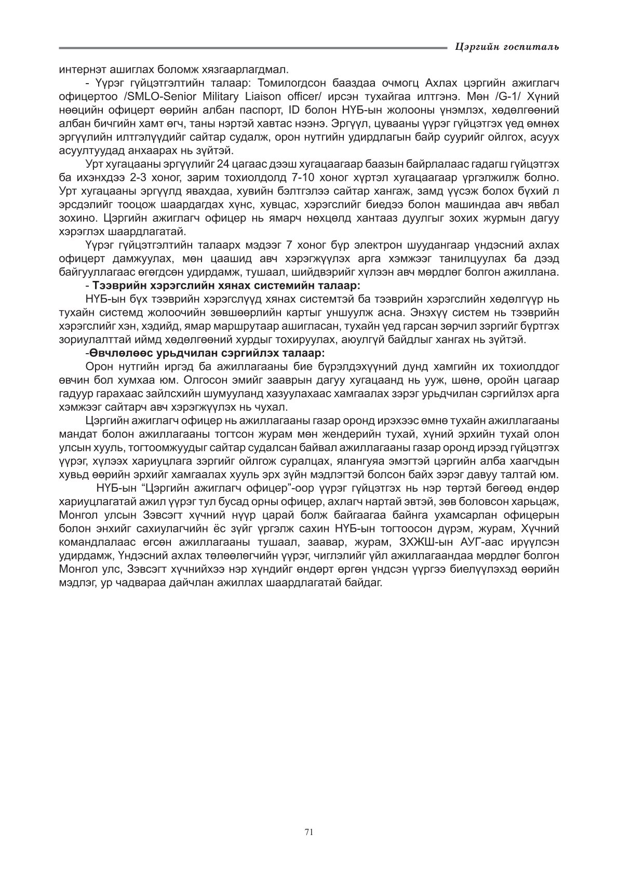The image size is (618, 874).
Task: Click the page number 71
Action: (309, 832)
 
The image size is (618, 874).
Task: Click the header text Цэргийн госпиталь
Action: (507, 47)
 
